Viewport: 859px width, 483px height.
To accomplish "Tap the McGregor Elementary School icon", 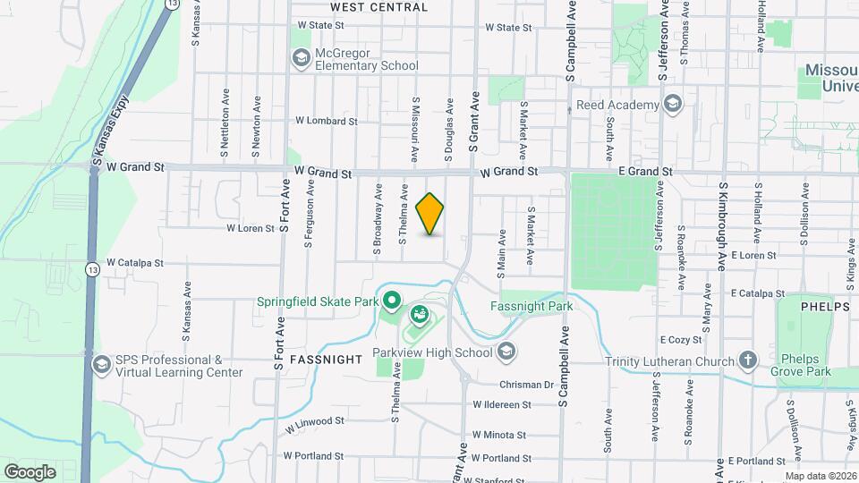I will tap(301, 59).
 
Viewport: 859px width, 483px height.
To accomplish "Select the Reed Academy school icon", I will tap(673, 105).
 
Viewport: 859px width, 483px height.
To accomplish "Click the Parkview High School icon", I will tap(507, 352).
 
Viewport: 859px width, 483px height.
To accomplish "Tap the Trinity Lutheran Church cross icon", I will tap(748, 360).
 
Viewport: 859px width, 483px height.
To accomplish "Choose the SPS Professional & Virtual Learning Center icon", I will tap(102, 365).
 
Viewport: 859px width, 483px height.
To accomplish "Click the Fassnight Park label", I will tap(532, 305).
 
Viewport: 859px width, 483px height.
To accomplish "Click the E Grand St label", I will tap(639, 170).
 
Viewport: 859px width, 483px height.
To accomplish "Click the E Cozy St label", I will tap(680, 340).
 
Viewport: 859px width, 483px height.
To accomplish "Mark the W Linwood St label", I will tap(314, 421).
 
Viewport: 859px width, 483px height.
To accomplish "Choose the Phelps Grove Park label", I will tap(804, 365).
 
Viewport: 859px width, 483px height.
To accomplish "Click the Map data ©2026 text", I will tap(820, 476).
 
